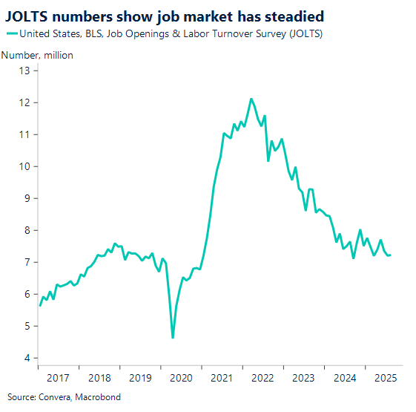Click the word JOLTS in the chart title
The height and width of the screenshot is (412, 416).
click(29, 15)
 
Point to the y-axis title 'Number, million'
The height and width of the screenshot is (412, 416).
click(36, 55)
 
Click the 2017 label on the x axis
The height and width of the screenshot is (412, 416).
click(59, 377)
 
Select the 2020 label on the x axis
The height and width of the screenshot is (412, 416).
click(182, 377)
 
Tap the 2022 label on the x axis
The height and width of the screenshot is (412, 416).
click(263, 377)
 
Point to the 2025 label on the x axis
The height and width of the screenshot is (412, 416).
click(385, 377)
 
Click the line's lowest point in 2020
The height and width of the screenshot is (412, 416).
click(172, 338)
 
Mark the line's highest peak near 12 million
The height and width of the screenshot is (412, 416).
click(251, 99)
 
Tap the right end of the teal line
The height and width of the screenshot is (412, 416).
click(392, 255)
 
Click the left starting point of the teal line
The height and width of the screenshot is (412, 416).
click(39, 305)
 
